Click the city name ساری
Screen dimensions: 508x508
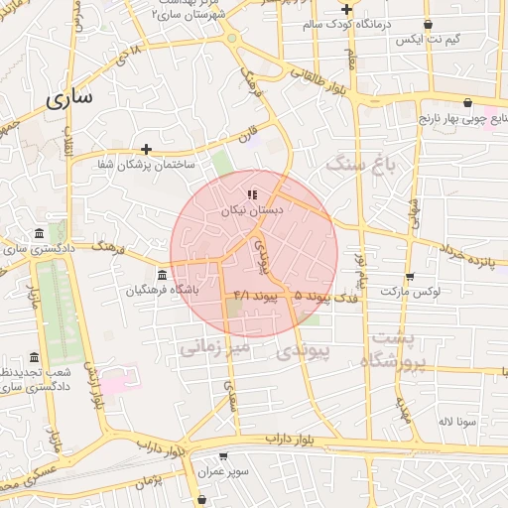coord(68,97)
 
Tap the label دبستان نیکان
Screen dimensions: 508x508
coord(258,211)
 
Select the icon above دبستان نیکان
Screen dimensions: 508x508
coord(252,194)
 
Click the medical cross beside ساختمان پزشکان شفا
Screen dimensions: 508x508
coord(146,148)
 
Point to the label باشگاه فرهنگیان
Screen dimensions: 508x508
coord(163,291)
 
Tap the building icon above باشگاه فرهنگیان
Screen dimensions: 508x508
coord(163,274)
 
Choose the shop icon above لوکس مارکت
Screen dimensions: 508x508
coord(410,276)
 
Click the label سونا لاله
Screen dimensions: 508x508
coord(459,421)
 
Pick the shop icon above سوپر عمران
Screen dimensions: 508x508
coord(223,456)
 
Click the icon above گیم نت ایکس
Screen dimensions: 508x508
coord(428,25)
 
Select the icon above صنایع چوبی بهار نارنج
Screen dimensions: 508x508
coord(467,101)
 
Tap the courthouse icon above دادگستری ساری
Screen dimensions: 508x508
coord(39,232)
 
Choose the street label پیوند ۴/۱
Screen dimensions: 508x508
coord(254,296)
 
